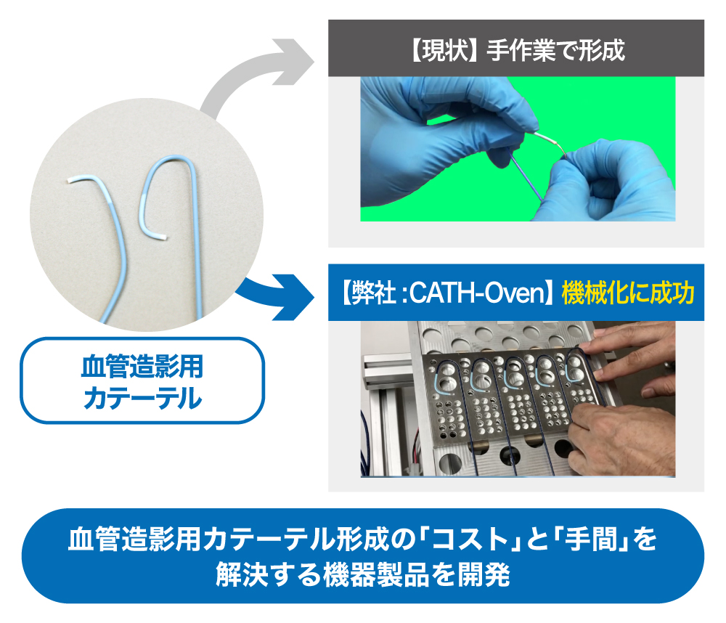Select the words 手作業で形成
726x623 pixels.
[555, 50]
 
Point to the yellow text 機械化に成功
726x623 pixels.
[628, 293]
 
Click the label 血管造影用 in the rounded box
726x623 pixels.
[142, 366]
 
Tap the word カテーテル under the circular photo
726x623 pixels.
[142, 397]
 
